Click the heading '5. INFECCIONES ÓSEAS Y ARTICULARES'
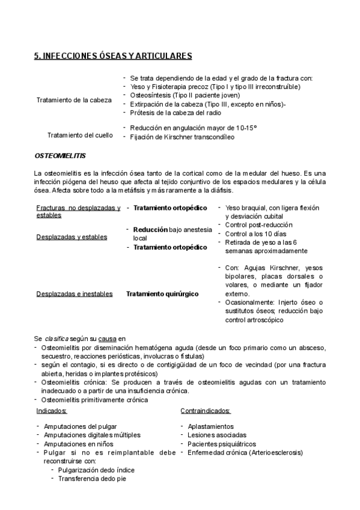click(x=112, y=56)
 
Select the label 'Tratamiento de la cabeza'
click(x=74, y=99)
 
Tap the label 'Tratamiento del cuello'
click(x=79, y=135)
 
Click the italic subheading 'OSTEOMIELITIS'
click(x=60, y=155)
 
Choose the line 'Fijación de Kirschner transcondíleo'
click(x=182, y=137)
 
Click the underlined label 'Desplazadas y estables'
click(x=72, y=236)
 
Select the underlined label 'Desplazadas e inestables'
click(x=75, y=293)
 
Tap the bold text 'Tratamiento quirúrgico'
click(x=162, y=293)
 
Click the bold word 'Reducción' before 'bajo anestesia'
click(x=150, y=229)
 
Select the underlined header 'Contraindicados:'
click(x=206, y=411)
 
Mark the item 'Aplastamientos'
click(x=211, y=426)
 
